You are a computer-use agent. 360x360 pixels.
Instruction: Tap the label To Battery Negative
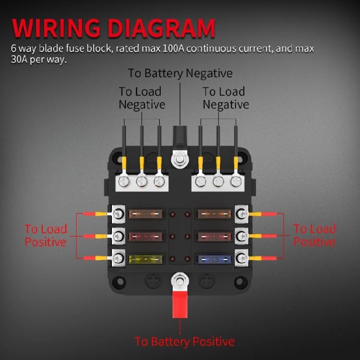180,73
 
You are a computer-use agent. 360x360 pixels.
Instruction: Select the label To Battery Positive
184,342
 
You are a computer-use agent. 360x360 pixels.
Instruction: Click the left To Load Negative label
141,98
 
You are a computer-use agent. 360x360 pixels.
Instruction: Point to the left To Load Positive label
46,235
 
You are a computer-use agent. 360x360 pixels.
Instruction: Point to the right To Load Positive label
314,235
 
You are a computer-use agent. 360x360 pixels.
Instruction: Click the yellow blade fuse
146,259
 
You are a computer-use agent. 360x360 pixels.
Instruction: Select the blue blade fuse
214,259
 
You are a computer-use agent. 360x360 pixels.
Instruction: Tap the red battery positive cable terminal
180,304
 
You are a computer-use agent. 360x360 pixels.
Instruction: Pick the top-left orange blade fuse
146,213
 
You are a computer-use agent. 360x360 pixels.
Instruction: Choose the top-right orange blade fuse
214,213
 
